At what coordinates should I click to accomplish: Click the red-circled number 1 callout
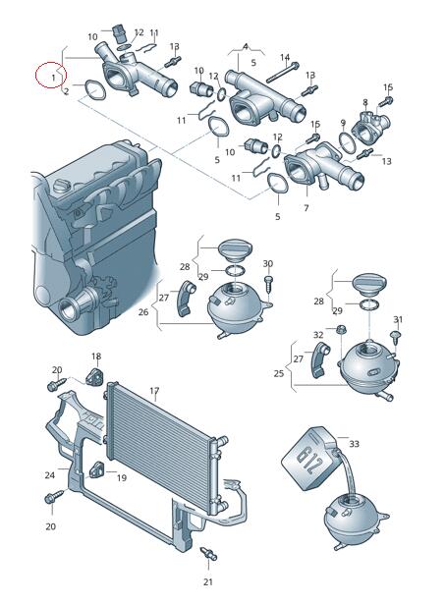(54, 78)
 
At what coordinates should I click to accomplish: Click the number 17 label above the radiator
(154, 391)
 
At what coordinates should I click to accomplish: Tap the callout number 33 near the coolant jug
(354, 444)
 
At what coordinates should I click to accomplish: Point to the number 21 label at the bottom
(208, 581)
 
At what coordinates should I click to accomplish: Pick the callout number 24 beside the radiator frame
(50, 475)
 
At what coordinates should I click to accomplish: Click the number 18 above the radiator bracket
(96, 357)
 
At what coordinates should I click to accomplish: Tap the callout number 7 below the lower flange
(306, 208)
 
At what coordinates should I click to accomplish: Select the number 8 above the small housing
(365, 102)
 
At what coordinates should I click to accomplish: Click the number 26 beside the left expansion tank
(143, 311)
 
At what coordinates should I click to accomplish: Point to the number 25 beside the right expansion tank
(279, 373)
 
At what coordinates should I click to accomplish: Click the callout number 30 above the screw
(268, 264)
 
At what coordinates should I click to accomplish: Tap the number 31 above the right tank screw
(398, 319)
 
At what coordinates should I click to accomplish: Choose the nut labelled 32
(341, 329)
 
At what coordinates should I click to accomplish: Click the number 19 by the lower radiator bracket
(122, 478)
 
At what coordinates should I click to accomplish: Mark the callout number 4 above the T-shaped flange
(246, 47)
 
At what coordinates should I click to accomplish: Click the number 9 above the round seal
(343, 124)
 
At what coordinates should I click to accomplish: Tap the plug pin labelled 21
(209, 554)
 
